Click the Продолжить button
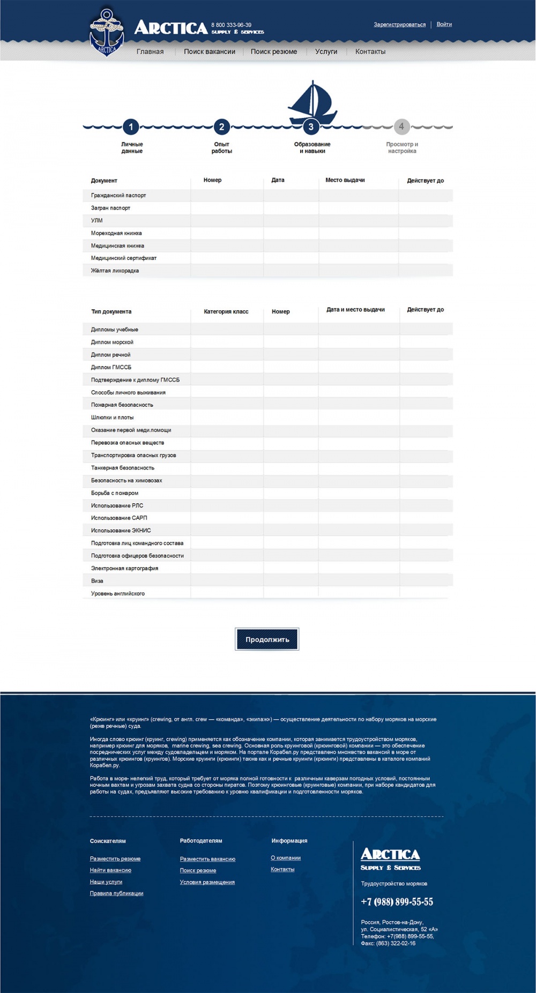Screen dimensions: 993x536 [x=267, y=639]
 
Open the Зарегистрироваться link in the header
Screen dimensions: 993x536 [x=399, y=25]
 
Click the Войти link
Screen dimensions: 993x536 [x=444, y=24]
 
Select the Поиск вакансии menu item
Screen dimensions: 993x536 [x=210, y=51]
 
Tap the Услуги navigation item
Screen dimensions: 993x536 [x=326, y=51]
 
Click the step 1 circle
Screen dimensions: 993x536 [x=131, y=127]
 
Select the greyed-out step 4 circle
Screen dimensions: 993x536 [x=401, y=126]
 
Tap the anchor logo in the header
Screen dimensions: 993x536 [x=107, y=32]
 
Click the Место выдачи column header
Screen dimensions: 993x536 [x=345, y=180]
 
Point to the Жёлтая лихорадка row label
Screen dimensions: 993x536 [x=115, y=271]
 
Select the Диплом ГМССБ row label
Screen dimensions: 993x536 [x=111, y=367]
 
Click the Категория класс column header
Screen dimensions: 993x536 [x=226, y=311]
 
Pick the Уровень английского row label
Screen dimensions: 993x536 [x=117, y=593]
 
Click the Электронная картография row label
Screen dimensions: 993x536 [x=124, y=568]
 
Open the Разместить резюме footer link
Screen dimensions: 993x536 [x=115, y=858]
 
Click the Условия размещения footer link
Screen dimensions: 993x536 [x=207, y=882]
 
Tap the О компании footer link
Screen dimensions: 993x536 [x=286, y=858]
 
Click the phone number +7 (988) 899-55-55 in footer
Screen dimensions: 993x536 [x=397, y=902]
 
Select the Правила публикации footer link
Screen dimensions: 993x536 [x=116, y=893]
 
